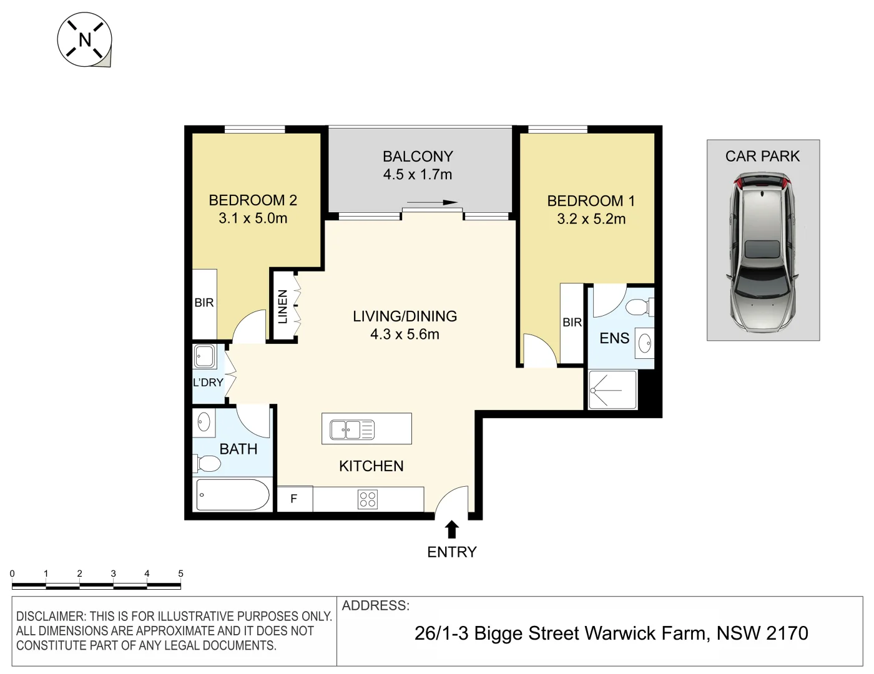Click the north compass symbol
(x=84, y=40)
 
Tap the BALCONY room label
(x=418, y=156)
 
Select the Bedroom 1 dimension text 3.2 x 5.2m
(x=591, y=219)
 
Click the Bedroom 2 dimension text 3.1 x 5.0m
(x=253, y=218)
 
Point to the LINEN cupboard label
(x=283, y=306)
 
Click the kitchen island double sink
(x=352, y=429)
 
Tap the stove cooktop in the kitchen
(x=368, y=499)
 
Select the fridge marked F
(x=293, y=499)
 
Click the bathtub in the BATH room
(x=232, y=496)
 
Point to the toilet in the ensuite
(x=639, y=307)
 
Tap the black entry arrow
(x=452, y=530)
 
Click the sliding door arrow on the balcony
(x=432, y=202)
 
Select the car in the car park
(x=763, y=252)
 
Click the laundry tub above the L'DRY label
(x=205, y=357)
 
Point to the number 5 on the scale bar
(x=181, y=574)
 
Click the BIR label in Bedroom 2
(x=204, y=303)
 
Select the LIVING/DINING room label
(x=405, y=316)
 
